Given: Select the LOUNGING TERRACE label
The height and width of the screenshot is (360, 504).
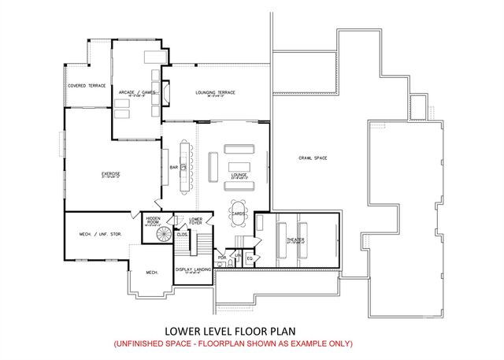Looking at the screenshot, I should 215,93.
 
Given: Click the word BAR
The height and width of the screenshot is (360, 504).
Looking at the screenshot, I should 174,166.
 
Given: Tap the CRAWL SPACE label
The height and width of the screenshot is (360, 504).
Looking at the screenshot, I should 313,159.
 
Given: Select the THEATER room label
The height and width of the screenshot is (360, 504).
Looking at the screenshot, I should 295,239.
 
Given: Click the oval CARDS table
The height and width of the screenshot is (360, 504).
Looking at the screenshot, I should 239,213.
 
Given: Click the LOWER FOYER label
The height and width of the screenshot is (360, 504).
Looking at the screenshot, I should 196,221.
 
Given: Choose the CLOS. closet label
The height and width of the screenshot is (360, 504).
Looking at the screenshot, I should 181,234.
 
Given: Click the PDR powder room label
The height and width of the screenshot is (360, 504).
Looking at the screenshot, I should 222,257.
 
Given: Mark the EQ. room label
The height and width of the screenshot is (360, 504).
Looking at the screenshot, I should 250,258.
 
